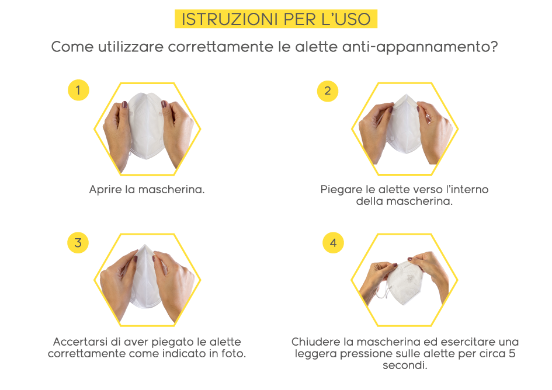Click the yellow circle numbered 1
click(78, 90)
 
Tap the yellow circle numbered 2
click(327, 91)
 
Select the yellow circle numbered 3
click(78, 242)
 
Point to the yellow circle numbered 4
click(333, 242)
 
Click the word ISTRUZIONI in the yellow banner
click(230, 19)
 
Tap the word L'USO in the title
click(346, 19)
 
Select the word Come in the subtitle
click(72, 47)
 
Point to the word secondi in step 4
click(405, 365)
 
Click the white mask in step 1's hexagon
click(146, 125)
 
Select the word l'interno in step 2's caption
click(467, 190)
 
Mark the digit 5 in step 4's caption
click(512, 353)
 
